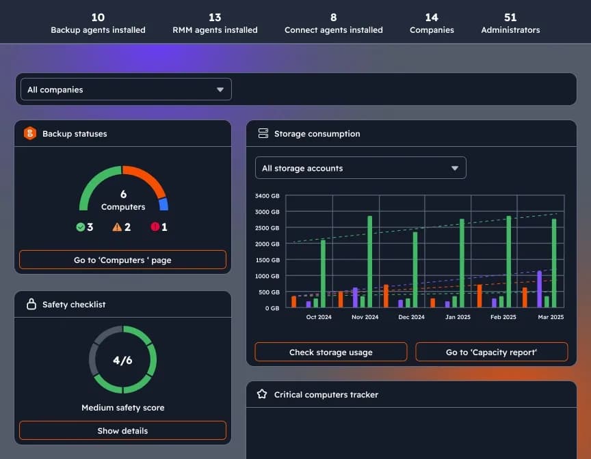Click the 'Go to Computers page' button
click(x=122, y=260)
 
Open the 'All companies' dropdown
click(x=124, y=89)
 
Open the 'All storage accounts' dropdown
click(x=360, y=168)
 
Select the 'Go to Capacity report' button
click(x=491, y=352)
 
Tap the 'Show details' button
click(x=122, y=431)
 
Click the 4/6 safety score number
click(x=122, y=361)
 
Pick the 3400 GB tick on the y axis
click(x=266, y=196)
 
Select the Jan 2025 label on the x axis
click(x=458, y=317)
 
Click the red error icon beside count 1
click(x=155, y=227)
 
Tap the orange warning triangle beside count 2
click(x=117, y=227)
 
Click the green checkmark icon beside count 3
click(x=81, y=227)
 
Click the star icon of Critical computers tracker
click(x=262, y=394)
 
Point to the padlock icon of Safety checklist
click(x=31, y=305)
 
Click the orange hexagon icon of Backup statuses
click(x=30, y=134)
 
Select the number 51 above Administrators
click(x=510, y=17)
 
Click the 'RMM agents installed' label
click(x=215, y=30)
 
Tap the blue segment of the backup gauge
click(x=163, y=204)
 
